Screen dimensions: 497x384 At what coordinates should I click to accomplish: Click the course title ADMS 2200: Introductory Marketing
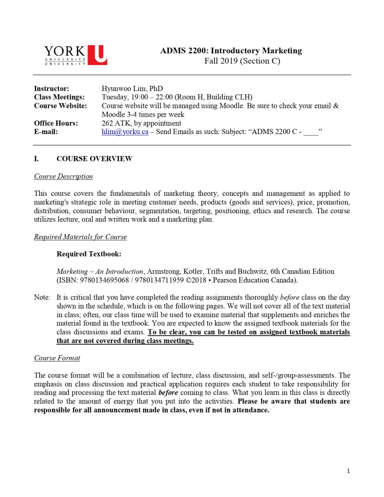[231, 51]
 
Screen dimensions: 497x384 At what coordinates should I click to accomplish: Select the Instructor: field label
[51, 88]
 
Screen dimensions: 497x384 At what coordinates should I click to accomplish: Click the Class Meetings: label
[59, 97]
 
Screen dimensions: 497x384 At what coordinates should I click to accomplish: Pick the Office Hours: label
[56, 123]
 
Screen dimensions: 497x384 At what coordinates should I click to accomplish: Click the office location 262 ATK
[115, 123]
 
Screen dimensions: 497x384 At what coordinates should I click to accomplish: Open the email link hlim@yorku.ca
[125, 132]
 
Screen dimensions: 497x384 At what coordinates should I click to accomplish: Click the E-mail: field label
[46, 132]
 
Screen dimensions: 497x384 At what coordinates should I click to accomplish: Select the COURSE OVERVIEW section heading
[94, 159]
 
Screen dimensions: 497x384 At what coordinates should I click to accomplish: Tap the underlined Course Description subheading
[63, 176]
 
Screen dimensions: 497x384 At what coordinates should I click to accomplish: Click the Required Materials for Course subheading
[80, 237]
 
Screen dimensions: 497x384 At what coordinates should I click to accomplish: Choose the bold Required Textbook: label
[89, 254]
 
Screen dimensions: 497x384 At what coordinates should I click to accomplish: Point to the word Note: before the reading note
[42, 297]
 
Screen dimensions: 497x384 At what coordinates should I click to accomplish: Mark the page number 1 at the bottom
[348, 471]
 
